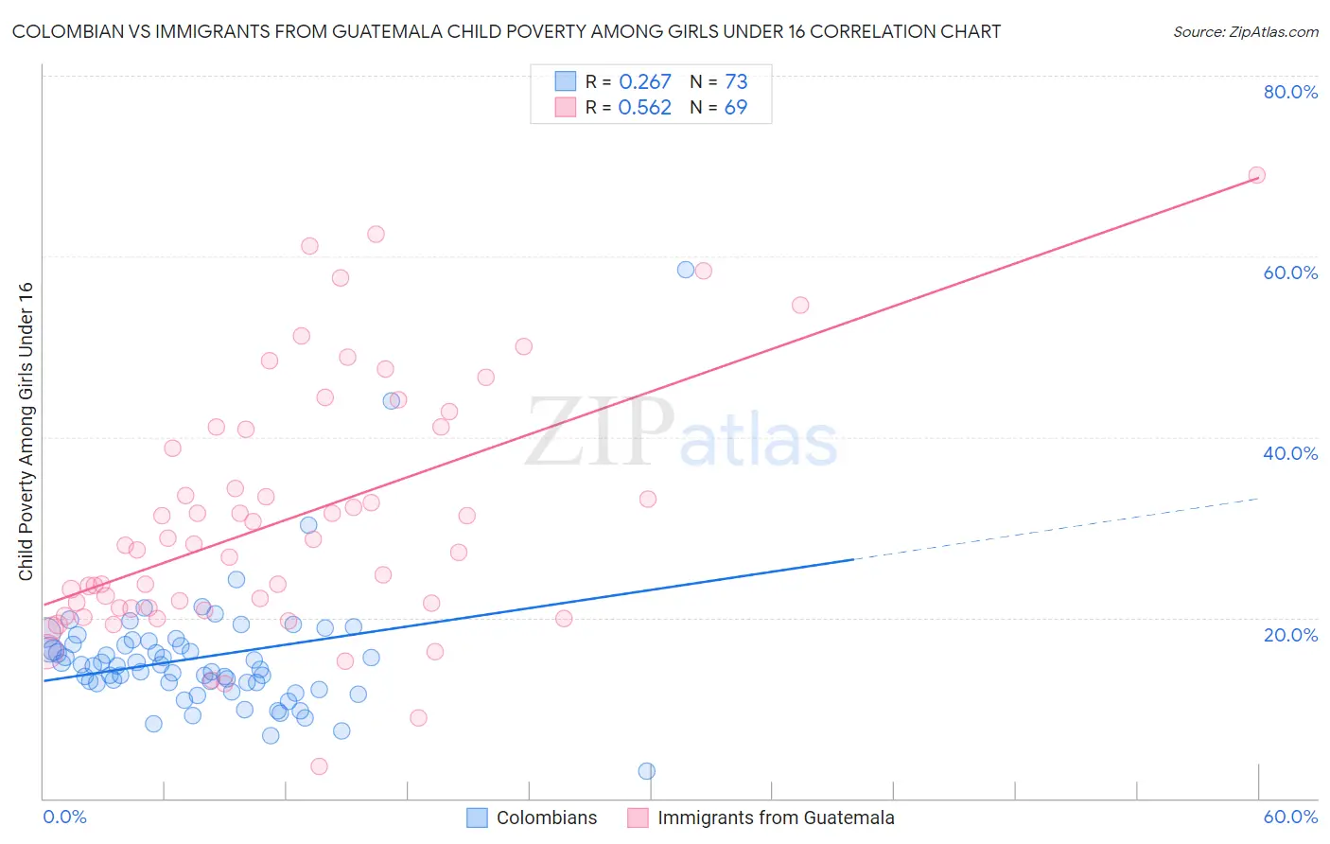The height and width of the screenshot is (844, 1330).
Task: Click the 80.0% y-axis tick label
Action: click(1290, 92)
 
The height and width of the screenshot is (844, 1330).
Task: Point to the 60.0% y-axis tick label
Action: click(1290, 273)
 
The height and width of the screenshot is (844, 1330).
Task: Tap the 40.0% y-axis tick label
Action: click(1290, 453)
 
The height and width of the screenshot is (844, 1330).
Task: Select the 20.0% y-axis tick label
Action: click(1290, 635)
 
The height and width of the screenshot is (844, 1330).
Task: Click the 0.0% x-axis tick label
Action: click(64, 817)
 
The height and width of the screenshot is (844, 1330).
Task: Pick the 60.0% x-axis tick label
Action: click(1290, 817)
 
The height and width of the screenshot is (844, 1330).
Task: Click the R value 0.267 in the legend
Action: click(644, 82)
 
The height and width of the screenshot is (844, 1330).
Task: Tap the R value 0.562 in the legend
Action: click(644, 108)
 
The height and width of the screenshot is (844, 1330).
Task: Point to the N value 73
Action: click(736, 82)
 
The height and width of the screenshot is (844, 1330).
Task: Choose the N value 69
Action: click(735, 108)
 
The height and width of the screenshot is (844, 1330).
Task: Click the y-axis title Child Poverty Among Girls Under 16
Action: click(26, 431)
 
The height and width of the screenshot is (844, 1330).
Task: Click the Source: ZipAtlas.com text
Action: click(1245, 32)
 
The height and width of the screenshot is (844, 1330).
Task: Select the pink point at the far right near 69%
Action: click(1256, 175)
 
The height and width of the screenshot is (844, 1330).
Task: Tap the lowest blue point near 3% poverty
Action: click(647, 771)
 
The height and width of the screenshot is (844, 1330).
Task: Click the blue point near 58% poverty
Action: click(686, 270)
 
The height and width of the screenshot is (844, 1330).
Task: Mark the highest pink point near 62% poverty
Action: click(376, 235)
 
